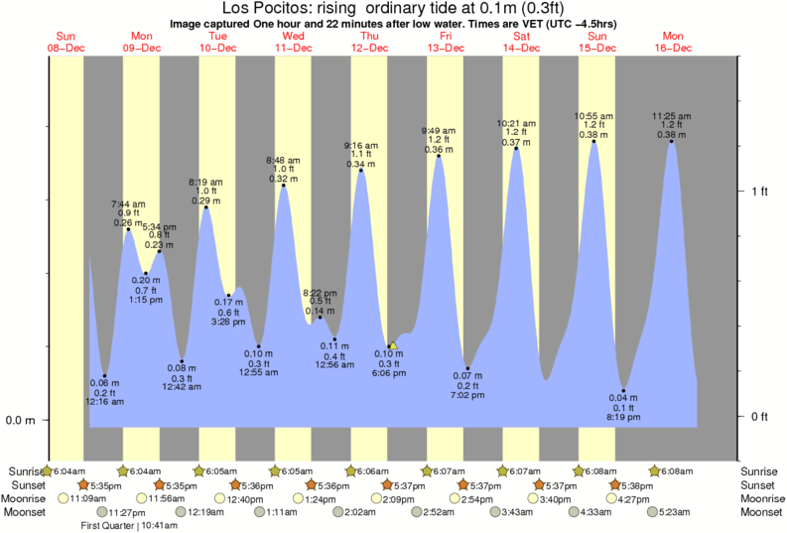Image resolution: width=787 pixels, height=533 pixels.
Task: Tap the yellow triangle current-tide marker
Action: [x=392, y=345]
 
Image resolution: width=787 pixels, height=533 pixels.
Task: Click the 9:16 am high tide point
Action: [x=360, y=171]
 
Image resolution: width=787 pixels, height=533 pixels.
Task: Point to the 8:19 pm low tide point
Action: [x=623, y=391]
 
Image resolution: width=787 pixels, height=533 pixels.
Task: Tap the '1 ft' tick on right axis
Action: [x=759, y=191]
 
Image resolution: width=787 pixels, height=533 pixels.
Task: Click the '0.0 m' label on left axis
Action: [x=20, y=420]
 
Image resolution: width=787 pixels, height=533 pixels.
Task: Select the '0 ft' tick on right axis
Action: [x=759, y=416]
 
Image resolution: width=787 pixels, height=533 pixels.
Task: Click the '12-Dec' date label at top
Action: [x=370, y=48]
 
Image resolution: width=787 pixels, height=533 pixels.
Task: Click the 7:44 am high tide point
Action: [x=128, y=229]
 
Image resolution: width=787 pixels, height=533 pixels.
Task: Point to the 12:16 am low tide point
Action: [x=104, y=376]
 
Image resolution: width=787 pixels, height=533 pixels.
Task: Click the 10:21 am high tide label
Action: [x=516, y=133]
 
